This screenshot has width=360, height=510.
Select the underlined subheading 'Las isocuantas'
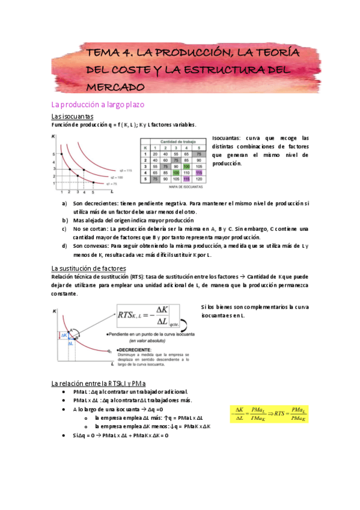click(72, 116)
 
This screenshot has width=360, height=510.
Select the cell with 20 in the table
click(156, 153)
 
